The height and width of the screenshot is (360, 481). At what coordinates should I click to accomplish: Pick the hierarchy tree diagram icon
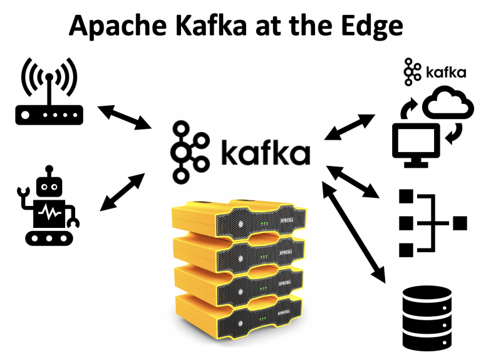tap(432, 222)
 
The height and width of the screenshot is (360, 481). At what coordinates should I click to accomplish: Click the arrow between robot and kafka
tap(123, 190)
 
